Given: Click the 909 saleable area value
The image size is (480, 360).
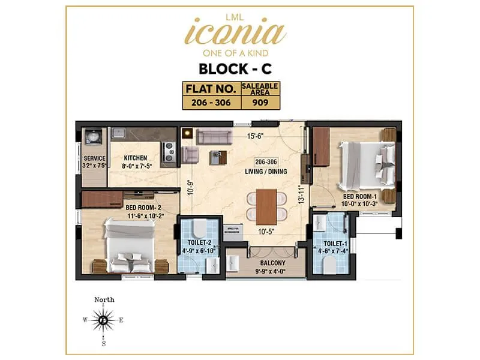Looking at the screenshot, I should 260,102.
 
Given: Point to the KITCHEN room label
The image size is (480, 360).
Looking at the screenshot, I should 136,158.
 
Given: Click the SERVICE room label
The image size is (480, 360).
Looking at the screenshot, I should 94,158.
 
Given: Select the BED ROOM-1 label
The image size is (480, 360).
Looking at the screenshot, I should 360,196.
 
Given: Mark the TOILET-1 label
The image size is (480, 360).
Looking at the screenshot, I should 329,244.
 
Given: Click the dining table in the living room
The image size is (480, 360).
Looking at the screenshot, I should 266,206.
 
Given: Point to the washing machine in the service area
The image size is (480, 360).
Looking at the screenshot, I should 93,137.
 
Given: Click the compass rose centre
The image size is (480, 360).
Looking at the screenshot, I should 104,320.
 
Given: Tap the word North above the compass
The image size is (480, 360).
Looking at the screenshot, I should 104,299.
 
